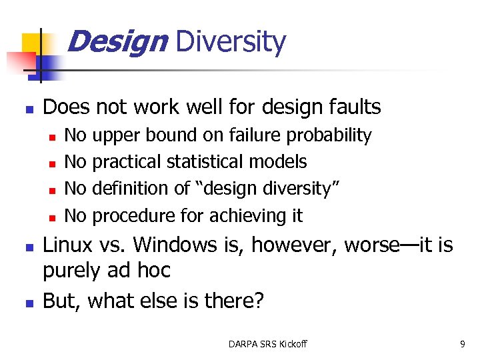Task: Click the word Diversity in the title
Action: [230, 43]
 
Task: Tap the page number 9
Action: [462, 344]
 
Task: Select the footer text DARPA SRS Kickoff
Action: [267, 344]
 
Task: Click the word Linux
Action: [67, 245]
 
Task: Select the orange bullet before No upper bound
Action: [51, 137]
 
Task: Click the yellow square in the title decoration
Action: [31, 43]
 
